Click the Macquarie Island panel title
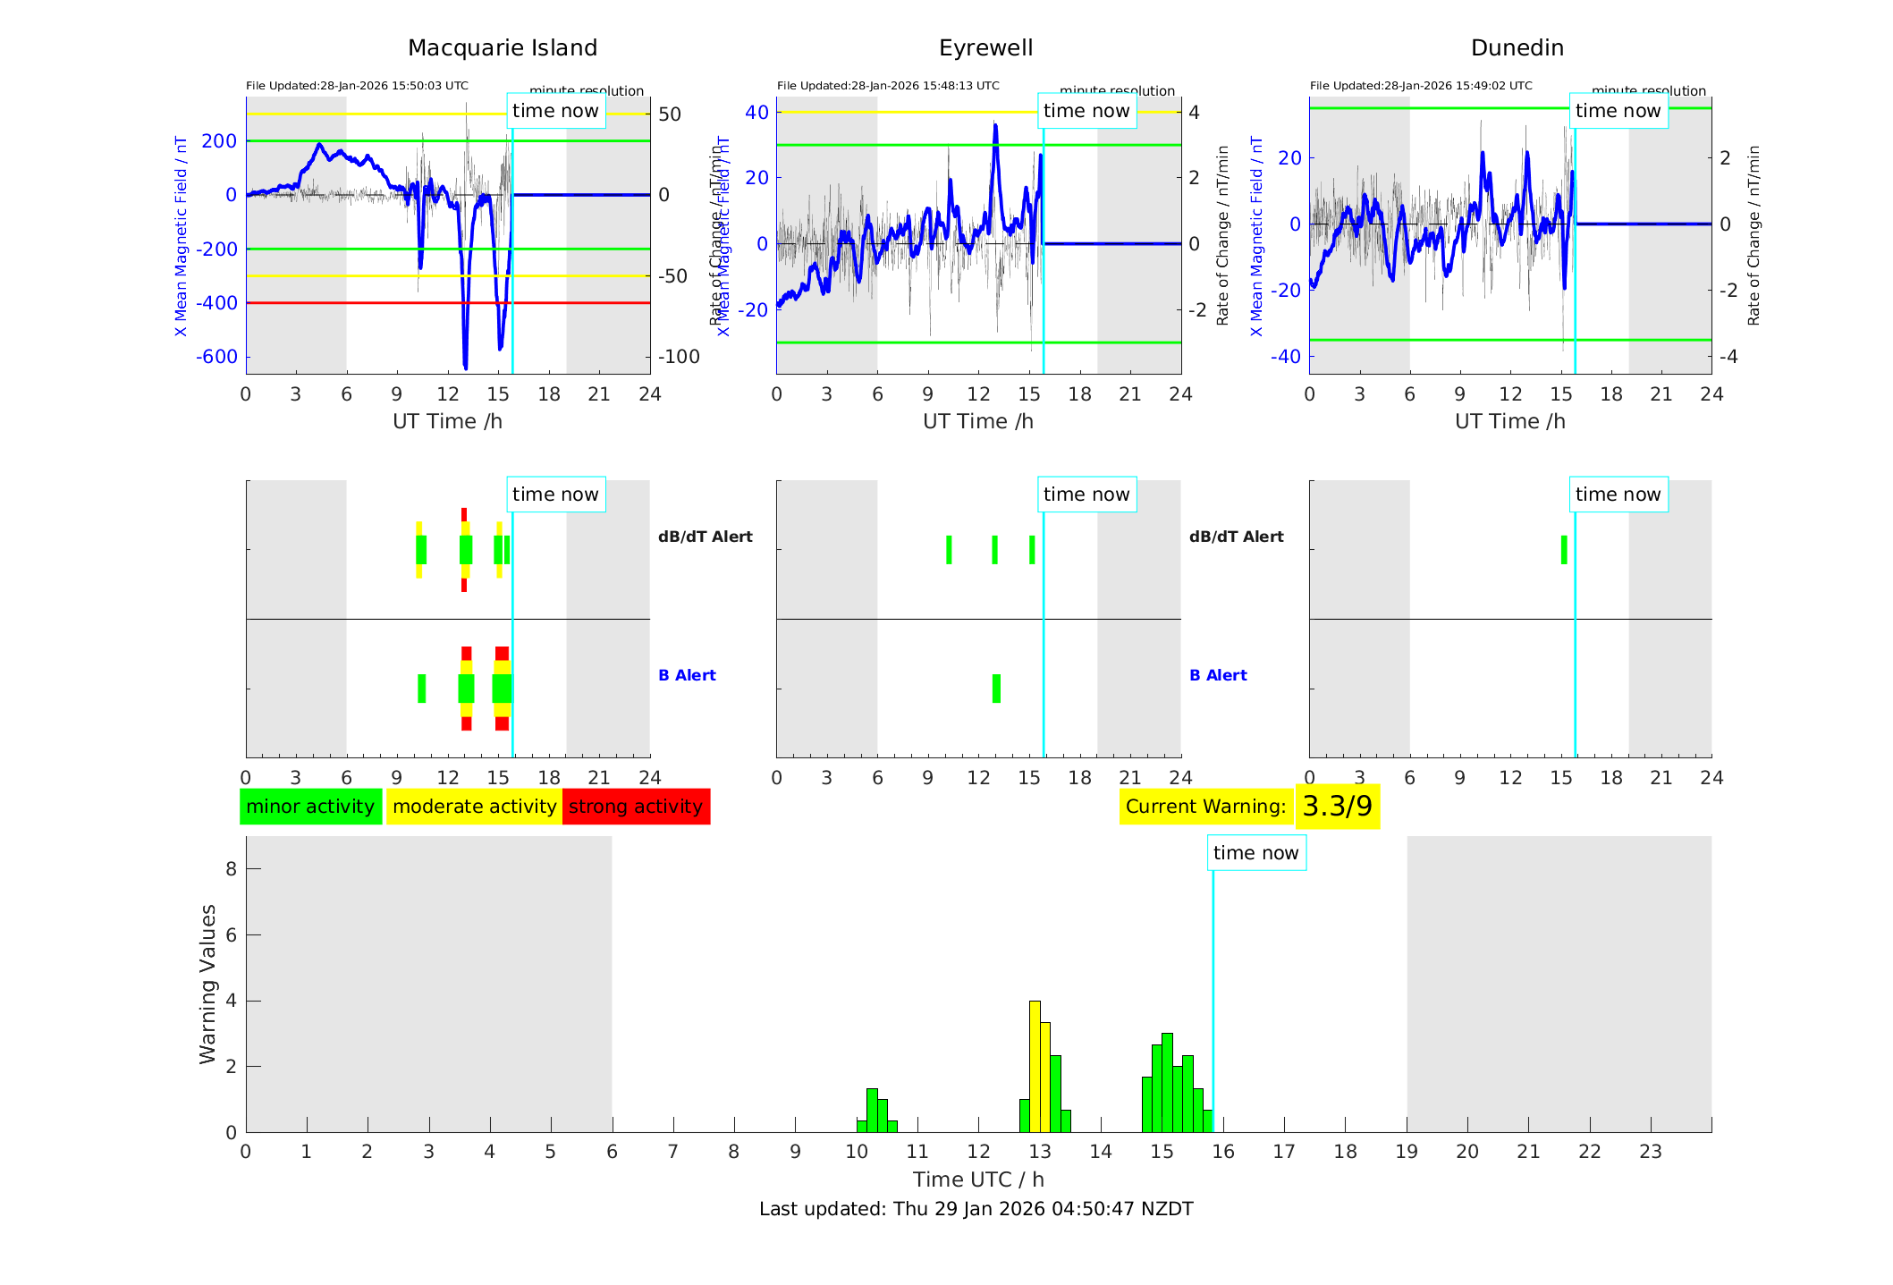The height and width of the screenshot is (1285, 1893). [502, 47]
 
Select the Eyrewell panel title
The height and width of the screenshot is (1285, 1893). [985, 47]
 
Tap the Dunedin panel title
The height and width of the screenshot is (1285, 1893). [1517, 47]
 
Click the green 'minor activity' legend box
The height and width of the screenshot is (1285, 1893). [310, 807]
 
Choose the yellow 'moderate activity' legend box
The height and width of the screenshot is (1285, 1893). [474, 807]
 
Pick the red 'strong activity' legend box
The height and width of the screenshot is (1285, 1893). [636, 807]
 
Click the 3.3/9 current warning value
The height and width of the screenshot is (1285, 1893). [1337, 807]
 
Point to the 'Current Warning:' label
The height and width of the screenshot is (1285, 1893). [1205, 807]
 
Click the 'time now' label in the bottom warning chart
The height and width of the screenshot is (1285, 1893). [1255, 853]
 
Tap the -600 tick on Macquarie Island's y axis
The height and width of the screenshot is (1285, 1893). [217, 357]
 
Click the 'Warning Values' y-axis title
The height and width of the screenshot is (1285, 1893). [207, 984]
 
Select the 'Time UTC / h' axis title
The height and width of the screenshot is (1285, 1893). [978, 1179]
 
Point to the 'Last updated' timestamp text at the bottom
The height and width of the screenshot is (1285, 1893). [976, 1209]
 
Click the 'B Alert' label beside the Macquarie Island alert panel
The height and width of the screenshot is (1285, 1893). [687, 675]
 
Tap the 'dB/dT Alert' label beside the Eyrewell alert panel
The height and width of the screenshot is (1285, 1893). [1236, 537]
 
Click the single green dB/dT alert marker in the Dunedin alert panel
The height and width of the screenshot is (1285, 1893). [1564, 550]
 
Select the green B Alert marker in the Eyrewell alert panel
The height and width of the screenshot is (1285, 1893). [996, 689]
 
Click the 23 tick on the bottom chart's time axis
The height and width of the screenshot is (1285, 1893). [1651, 1152]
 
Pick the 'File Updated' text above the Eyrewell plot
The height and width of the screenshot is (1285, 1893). [888, 86]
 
